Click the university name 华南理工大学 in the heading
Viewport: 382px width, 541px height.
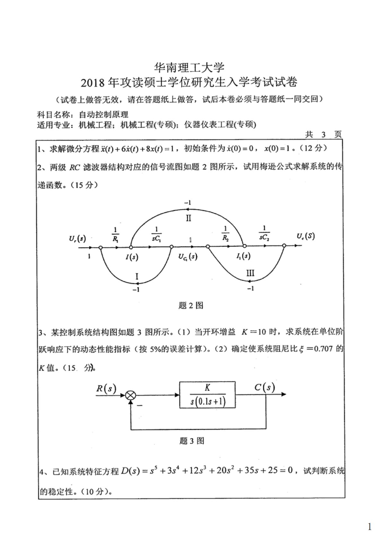coord(189,68)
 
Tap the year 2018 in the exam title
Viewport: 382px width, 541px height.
coord(92,83)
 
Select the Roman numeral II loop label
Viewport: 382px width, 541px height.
coord(188,218)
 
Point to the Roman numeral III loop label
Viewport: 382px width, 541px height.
coord(250,273)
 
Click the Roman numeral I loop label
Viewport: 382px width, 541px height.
coord(137,276)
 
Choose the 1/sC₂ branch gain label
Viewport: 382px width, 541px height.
coord(264,233)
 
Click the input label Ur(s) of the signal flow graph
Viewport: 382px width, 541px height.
coord(77,238)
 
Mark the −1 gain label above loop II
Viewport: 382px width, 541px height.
coord(188,203)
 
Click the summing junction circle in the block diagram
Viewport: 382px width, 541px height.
coord(130,395)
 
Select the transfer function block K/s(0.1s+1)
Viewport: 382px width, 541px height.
coord(207,395)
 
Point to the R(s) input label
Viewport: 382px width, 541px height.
coord(106,388)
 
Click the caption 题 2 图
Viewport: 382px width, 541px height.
coord(191,305)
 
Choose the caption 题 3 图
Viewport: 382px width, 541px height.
coord(192,441)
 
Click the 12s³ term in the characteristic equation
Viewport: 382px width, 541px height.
coord(195,471)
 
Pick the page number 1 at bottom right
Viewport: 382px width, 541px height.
coord(369,527)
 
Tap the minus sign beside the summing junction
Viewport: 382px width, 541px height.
coord(140,405)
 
